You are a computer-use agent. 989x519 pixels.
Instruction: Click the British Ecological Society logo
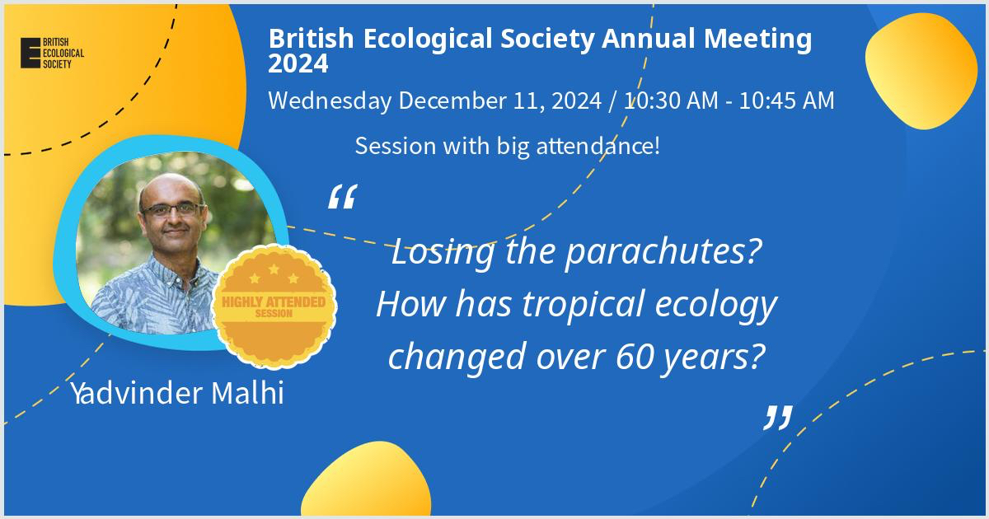point(52,53)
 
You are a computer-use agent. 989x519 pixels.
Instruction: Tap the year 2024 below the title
point(298,63)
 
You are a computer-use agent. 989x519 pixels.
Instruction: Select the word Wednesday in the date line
point(330,101)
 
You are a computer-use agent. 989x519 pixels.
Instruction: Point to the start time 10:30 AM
point(671,101)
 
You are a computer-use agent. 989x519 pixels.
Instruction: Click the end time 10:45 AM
point(787,101)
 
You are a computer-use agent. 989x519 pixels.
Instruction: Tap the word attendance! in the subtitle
point(598,146)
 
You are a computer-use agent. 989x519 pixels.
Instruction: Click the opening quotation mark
point(343,196)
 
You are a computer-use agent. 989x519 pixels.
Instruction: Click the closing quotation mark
point(778,418)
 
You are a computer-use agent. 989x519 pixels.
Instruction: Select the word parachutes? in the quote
point(663,252)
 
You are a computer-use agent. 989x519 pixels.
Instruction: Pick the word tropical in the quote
point(584,305)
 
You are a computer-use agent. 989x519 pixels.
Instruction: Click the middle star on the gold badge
point(274,269)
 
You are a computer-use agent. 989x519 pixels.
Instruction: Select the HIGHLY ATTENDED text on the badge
point(274,302)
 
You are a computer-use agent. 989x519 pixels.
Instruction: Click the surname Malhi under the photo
point(247,393)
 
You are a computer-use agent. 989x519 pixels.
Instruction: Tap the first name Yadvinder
point(137,393)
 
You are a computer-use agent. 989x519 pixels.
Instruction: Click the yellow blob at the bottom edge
point(366,479)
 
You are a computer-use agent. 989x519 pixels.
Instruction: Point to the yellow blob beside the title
point(921,71)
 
